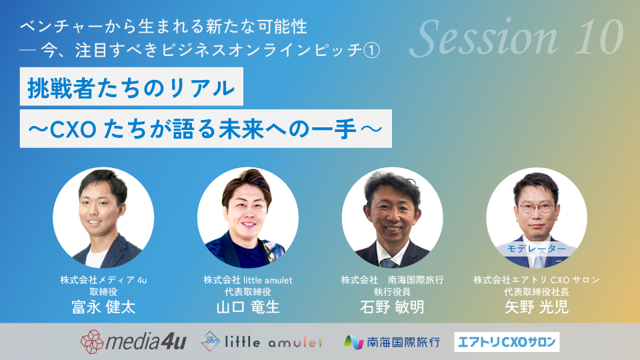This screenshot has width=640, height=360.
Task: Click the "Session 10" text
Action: [516, 38]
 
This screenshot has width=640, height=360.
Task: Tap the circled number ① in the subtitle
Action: [371, 51]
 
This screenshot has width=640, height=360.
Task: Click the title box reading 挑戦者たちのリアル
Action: [131, 87]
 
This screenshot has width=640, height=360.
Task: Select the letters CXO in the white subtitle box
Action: [73, 129]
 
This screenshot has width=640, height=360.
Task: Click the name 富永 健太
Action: [104, 307]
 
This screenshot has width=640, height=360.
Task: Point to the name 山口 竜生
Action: [248, 307]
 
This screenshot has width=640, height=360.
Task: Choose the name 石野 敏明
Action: [392, 307]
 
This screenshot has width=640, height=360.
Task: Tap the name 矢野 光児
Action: [536, 307]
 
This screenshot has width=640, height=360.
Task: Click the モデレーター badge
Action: [536, 249]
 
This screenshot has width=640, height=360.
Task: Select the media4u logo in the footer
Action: [133, 341]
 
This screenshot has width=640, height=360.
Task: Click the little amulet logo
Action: [261, 341]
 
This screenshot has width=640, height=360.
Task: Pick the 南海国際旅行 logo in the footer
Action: [392, 342]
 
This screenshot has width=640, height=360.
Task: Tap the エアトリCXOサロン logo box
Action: [507, 342]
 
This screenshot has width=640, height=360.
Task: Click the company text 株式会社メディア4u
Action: [103, 280]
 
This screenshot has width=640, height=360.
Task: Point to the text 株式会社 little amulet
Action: [248, 280]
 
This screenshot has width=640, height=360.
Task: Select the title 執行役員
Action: [392, 292]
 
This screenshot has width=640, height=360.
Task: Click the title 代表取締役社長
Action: [536, 292]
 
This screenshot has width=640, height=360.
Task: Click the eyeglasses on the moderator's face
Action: [536, 208]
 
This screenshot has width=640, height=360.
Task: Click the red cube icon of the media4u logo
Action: [92, 341]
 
